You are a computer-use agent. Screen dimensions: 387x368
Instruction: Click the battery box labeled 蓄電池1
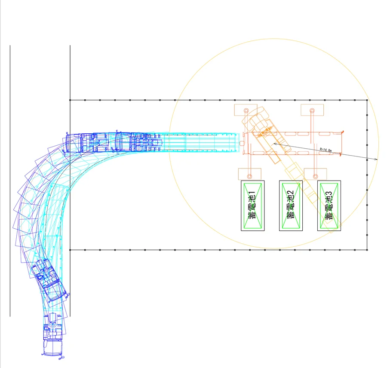252,205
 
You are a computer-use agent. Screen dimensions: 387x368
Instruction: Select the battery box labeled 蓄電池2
291,205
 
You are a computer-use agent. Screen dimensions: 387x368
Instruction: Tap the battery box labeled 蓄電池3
329,205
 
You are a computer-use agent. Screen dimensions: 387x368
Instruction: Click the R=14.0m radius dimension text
326,150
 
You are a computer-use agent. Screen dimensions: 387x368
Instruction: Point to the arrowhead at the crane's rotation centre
275,144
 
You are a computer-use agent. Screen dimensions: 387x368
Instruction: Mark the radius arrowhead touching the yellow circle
376,159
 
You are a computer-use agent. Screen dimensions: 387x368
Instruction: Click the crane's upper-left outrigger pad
246,110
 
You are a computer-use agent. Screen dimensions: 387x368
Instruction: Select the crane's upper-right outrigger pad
312,110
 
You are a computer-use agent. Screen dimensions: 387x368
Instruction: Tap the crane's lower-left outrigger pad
249,174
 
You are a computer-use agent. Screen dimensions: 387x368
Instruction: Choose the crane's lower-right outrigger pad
316,174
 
